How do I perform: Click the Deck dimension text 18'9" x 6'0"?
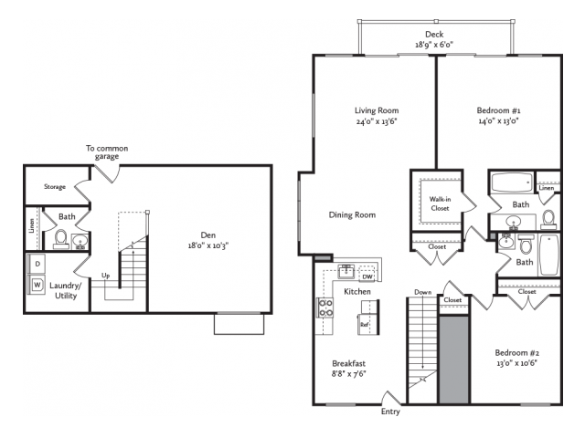coord(434,45)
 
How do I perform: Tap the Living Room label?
coord(377,110)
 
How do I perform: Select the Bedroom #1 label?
coord(498,110)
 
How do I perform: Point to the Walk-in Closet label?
coord(440,203)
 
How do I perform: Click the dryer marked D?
coord(37,264)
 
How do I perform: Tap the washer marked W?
coord(37,285)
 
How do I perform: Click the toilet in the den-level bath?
coord(61,239)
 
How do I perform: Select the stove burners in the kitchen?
coord(325,308)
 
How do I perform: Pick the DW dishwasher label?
coord(367,276)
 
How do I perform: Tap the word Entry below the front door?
coord(390,412)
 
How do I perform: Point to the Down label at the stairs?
coord(422,292)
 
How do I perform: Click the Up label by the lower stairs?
coord(106,276)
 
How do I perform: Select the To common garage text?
coord(107,152)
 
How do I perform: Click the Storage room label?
coord(55,186)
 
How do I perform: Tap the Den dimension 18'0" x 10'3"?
coord(208,245)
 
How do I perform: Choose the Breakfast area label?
coord(349,363)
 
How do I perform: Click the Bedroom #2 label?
coord(517,353)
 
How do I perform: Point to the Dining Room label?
coord(352,215)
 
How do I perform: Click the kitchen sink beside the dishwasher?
coord(346,272)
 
